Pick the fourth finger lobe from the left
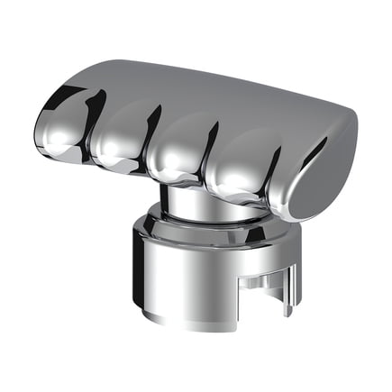[239, 167]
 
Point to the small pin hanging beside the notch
[287, 297]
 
